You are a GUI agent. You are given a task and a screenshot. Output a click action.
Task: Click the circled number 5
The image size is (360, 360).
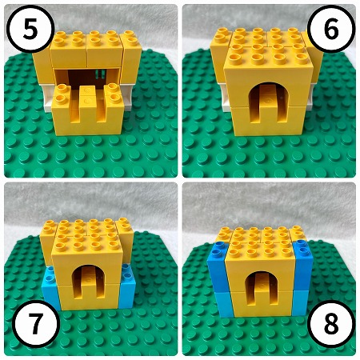coord(30,29)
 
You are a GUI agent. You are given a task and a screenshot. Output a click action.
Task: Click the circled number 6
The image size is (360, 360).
coord(331,29)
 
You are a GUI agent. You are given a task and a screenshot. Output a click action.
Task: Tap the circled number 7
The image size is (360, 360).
coord(35,324)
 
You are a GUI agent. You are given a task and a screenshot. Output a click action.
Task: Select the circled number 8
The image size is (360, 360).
coord(331,324)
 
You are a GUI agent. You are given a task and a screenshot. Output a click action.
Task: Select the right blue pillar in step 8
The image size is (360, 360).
coord(302,278)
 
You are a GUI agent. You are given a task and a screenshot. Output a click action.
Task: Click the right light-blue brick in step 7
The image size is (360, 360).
coord(127,286)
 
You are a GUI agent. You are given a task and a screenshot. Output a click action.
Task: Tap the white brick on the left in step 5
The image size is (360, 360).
coord(47,98)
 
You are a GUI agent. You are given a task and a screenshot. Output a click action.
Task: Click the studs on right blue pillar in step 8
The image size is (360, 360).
coord(302,246)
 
